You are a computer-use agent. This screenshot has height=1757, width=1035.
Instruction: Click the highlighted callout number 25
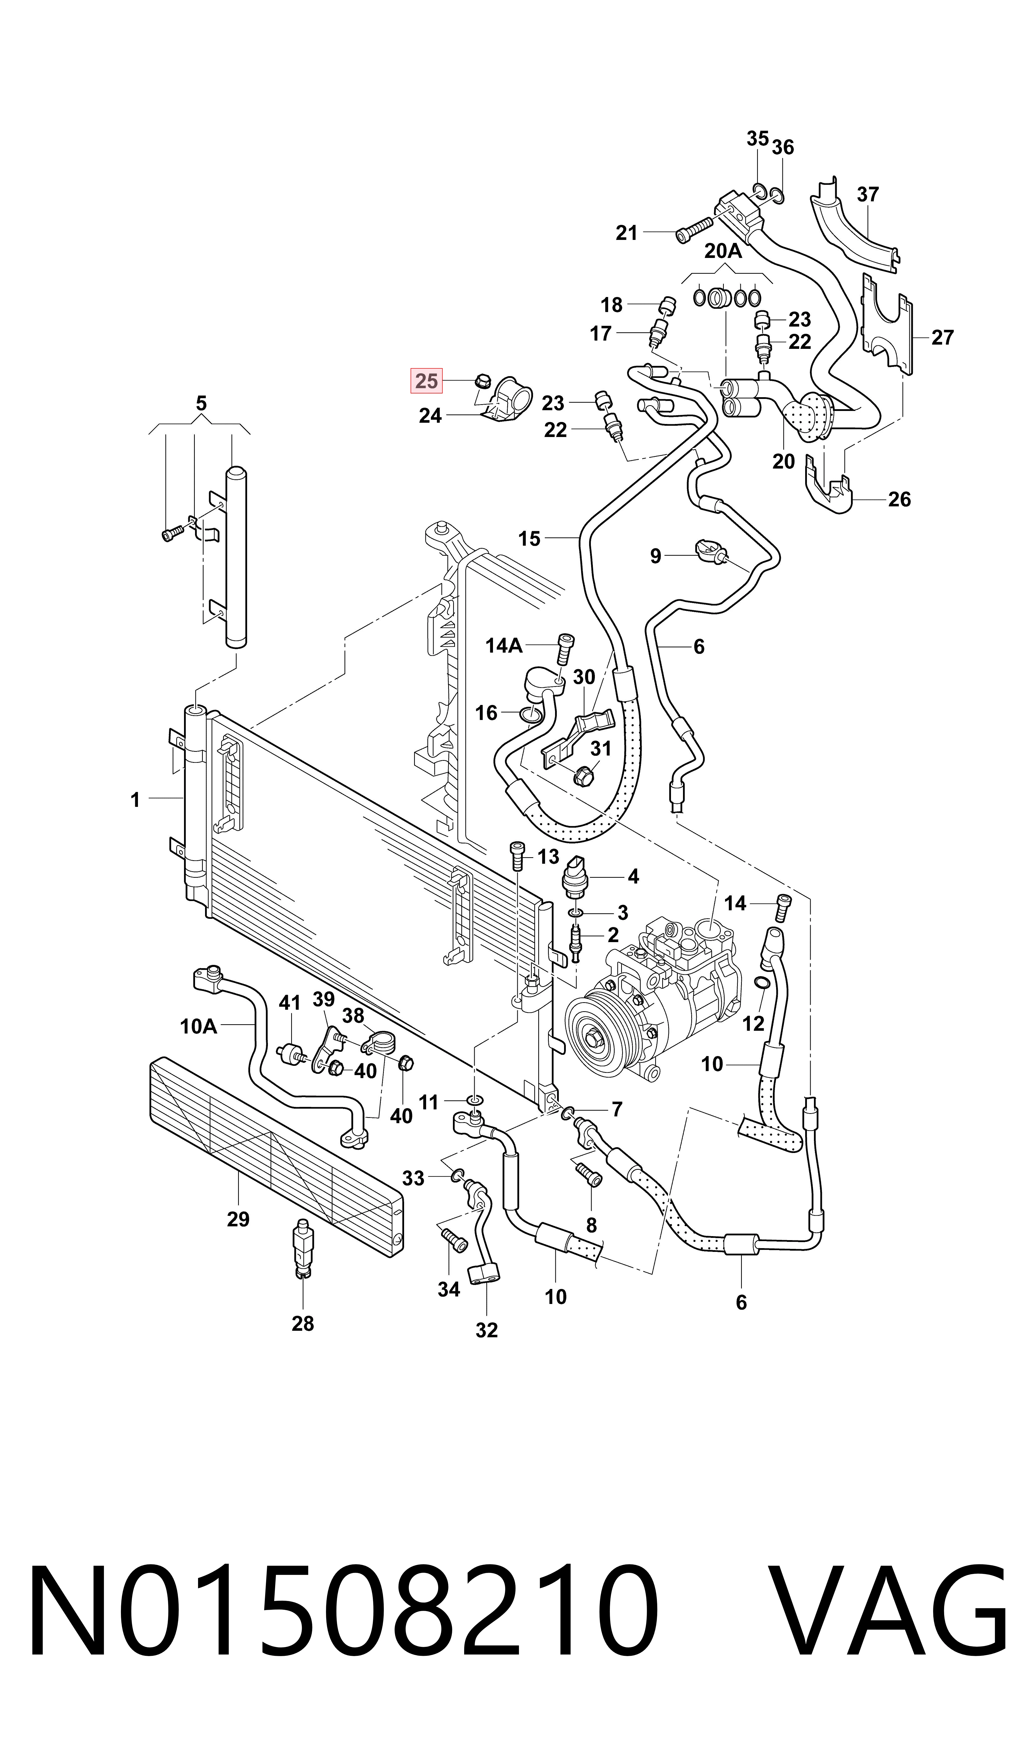426,381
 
